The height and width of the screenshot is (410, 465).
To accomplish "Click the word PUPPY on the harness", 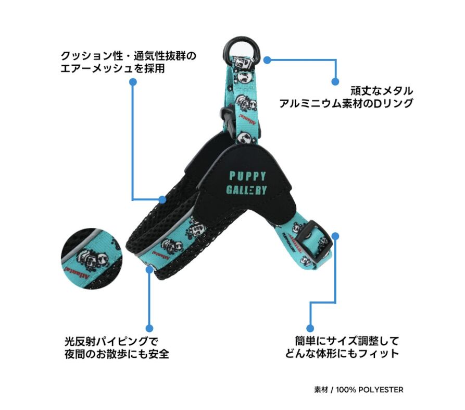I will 247,176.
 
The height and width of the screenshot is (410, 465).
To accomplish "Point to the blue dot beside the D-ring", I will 267,60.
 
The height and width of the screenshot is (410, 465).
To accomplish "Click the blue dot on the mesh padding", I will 162,199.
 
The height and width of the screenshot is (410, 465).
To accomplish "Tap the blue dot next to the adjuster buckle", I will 335,236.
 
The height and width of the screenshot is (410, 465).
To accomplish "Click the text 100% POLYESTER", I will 370,390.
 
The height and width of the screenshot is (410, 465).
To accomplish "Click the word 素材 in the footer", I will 321,390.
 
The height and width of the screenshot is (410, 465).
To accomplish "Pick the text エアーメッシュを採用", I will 113,68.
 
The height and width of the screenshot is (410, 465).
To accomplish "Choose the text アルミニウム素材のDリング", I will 346,103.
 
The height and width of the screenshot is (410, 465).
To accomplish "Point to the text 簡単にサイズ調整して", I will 346,341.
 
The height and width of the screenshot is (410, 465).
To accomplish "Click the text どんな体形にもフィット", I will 342,354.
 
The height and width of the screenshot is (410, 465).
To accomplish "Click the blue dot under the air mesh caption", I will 133,82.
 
